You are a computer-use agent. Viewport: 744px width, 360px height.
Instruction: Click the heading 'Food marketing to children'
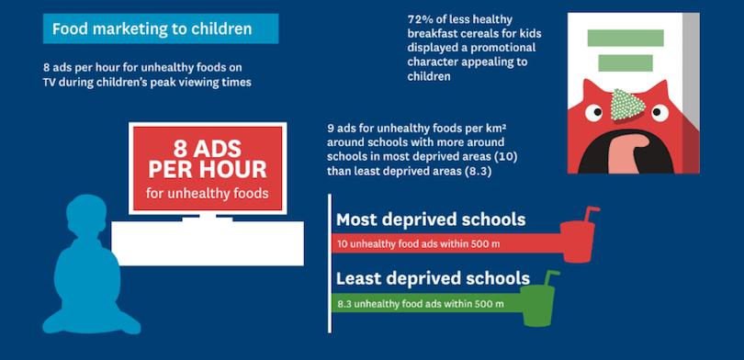[x=152, y=29]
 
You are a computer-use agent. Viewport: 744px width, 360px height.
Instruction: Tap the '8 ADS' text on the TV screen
[x=208, y=149]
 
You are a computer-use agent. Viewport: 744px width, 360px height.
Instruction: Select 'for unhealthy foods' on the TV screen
[x=208, y=194]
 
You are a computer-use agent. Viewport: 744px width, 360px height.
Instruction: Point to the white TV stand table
[x=208, y=242]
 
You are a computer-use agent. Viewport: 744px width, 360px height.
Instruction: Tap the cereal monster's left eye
[x=593, y=113]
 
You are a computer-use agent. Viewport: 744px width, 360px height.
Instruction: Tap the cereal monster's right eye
[x=659, y=112]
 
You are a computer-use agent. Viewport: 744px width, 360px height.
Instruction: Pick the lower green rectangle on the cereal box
[x=626, y=63]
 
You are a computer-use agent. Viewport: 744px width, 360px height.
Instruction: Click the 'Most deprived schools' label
[x=431, y=219]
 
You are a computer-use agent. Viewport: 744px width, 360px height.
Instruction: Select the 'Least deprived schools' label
[x=433, y=278]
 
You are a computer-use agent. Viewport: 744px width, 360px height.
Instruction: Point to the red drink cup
[x=577, y=242]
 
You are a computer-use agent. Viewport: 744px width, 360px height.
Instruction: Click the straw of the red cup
[x=592, y=214]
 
